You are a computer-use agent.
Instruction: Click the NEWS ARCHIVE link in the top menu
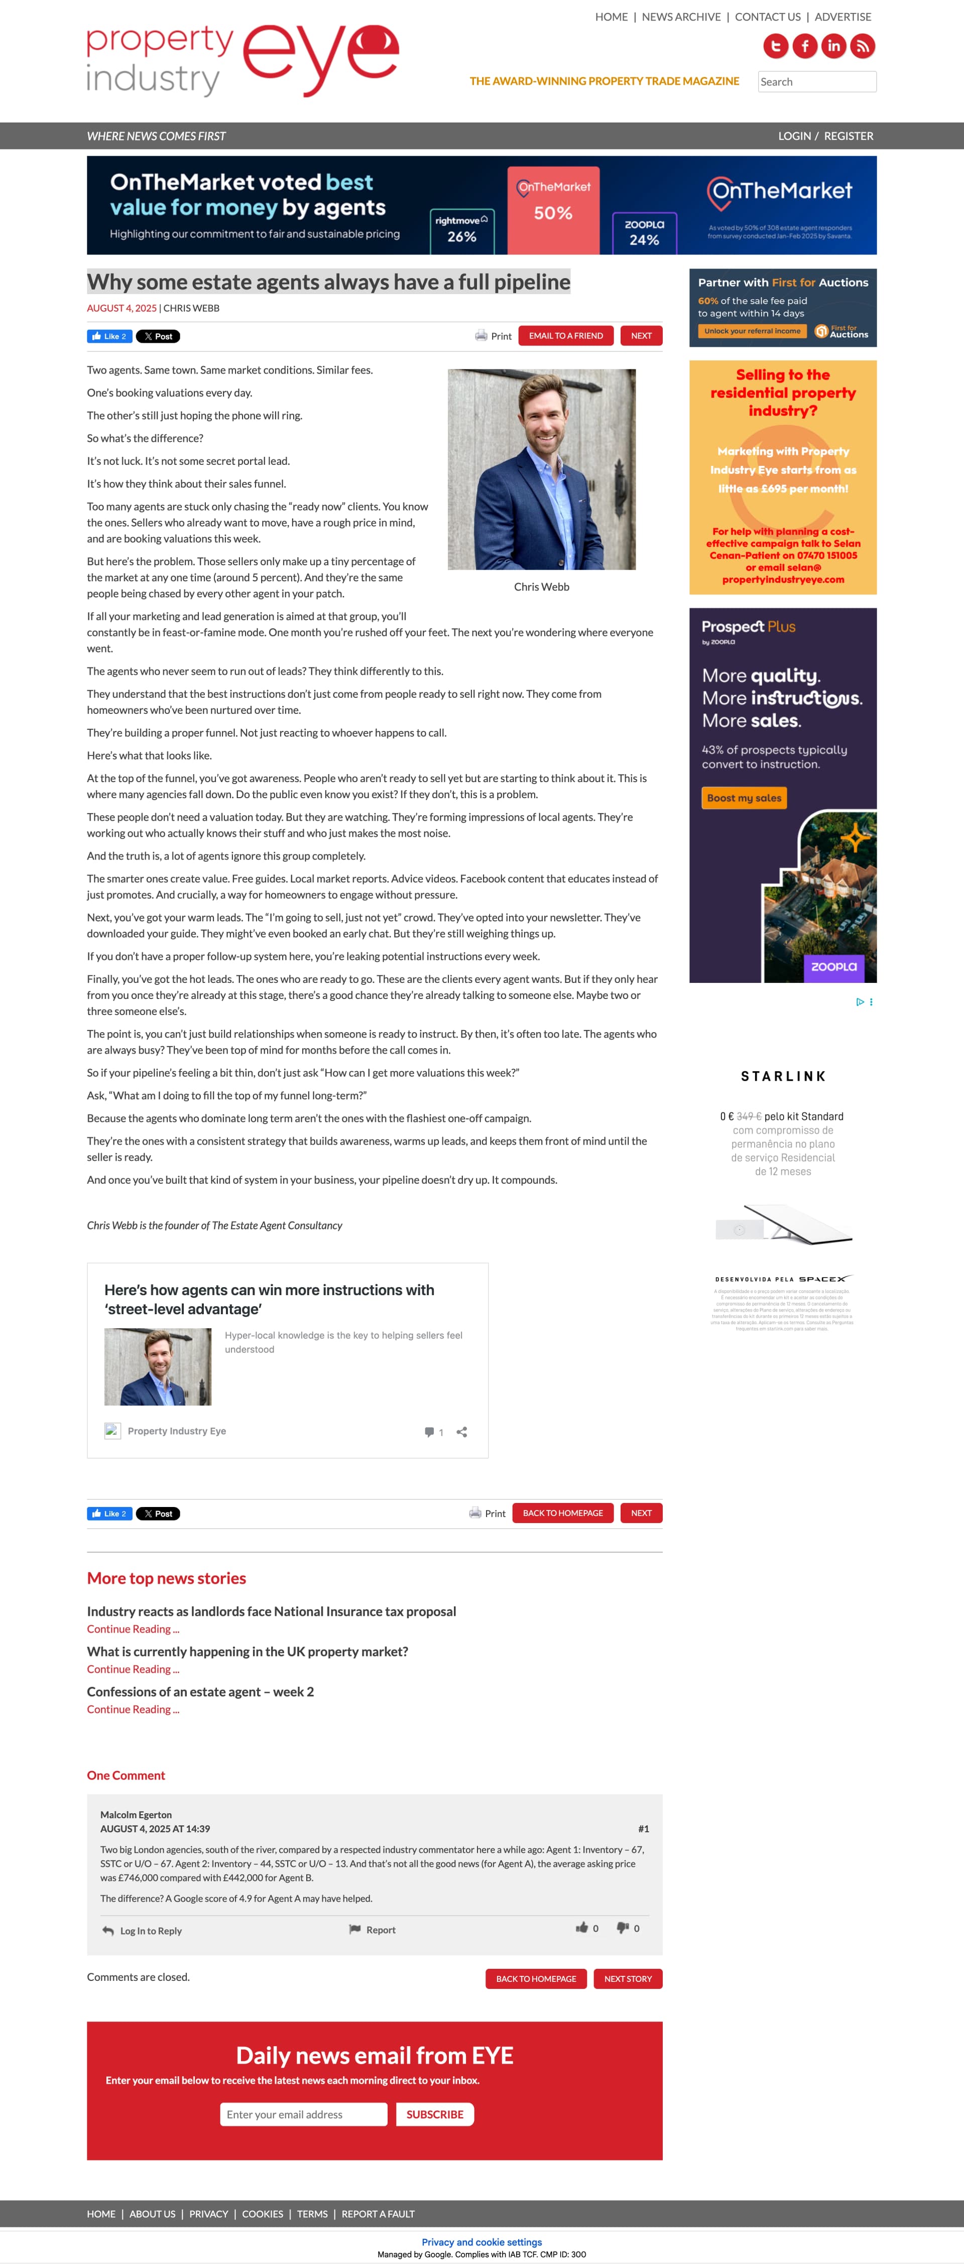pos(680,17)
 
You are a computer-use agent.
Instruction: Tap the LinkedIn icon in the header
pos(833,46)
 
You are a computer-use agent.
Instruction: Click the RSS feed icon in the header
pos(863,46)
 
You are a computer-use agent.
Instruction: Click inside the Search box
pos(816,82)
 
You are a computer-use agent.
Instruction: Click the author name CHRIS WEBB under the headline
pos(191,308)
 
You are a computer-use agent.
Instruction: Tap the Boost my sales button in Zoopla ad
pos(744,798)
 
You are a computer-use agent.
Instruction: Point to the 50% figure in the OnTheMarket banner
pos(553,213)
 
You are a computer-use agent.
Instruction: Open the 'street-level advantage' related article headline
pos(269,1299)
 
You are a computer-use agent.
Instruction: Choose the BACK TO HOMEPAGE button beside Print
pos(562,1513)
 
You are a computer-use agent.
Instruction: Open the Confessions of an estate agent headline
pos(200,1691)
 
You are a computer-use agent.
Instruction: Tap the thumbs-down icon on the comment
pos(623,1928)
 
